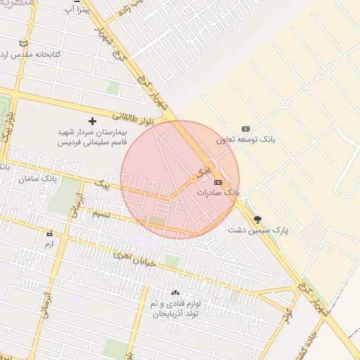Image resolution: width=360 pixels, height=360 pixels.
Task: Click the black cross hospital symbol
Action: click(x=92, y=121)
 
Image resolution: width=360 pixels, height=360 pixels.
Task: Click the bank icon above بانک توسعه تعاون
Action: click(x=245, y=129)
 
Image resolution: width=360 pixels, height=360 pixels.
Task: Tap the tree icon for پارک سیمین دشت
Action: click(x=257, y=219)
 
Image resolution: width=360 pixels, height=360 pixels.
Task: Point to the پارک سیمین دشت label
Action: click(x=258, y=229)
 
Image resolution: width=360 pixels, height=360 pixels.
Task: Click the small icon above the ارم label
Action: click(x=49, y=233)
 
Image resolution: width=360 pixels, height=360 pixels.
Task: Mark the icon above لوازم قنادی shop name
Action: click(x=175, y=292)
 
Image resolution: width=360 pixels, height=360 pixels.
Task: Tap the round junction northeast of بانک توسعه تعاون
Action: click(x=284, y=105)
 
